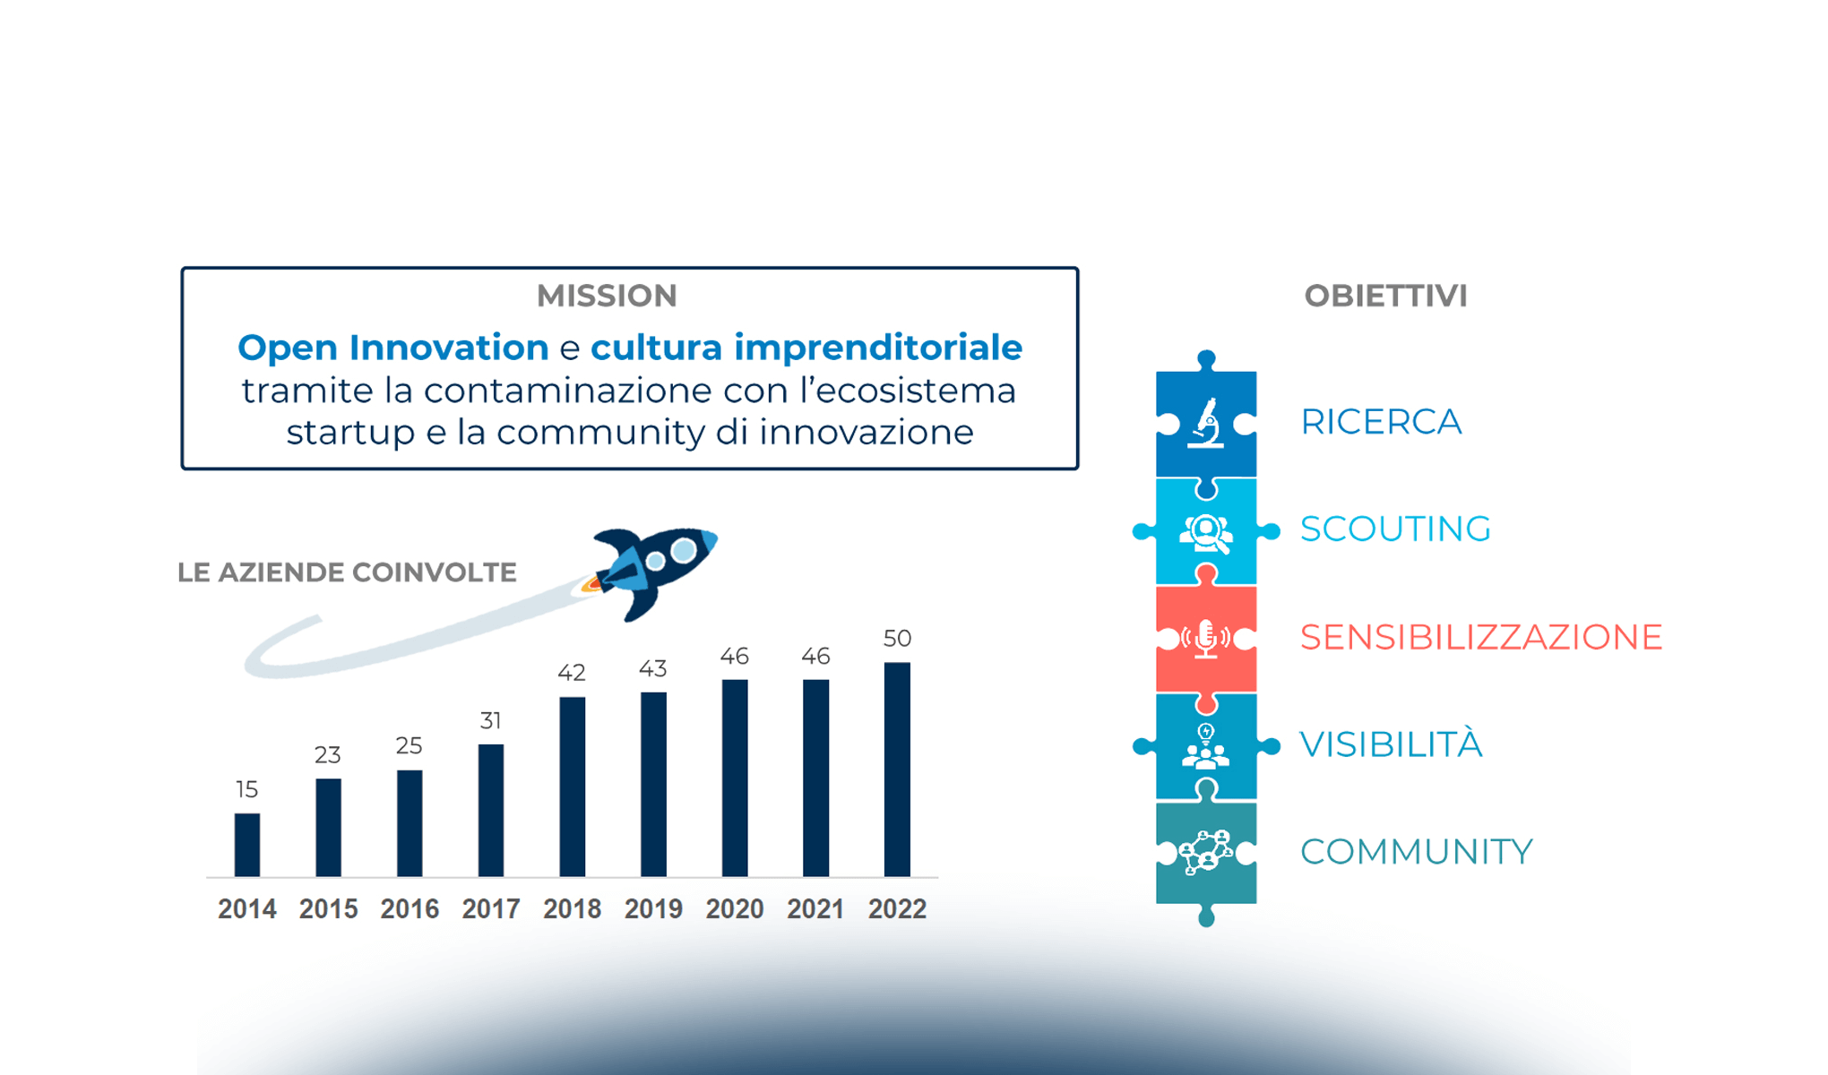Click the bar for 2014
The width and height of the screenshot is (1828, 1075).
click(x=247, y=845)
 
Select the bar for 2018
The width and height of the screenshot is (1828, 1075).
click(x=573, y=787)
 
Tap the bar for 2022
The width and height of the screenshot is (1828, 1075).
click(x=897, y=770)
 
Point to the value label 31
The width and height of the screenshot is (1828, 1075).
click(x=490, y=720)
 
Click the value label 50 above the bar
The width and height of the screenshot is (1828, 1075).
click(x=897, y=638)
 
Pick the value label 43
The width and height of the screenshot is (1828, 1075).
click(x=653, y=668)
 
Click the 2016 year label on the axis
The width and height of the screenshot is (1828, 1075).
click(x=410, y=909)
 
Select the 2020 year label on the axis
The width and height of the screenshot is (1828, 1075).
click(x=735, y=909)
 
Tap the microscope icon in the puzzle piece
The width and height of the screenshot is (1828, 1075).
click(x=1206, y=423)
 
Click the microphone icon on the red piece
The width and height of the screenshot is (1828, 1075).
click(x=1206, y=639)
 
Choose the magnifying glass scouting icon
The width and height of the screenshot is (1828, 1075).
click(x=1206, y=533)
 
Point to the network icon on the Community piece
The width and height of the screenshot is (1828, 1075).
click(x=1205, y=852)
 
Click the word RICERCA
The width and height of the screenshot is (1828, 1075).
click(x=1381, y=422)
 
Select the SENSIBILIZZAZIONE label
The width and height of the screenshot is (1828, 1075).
click(x=1481, y=637)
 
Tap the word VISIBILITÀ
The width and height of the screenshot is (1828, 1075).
click(x=1391, y=744)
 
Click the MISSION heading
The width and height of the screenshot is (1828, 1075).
click(x=607, y=296)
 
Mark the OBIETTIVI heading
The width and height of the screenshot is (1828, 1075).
click(x=1385, y=296)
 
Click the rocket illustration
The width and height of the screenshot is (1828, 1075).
click(x=653, y=570)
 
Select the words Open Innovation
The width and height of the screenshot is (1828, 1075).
click(x=393, y=348)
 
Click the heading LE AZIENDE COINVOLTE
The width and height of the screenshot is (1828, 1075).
click(x=347, y=572)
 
